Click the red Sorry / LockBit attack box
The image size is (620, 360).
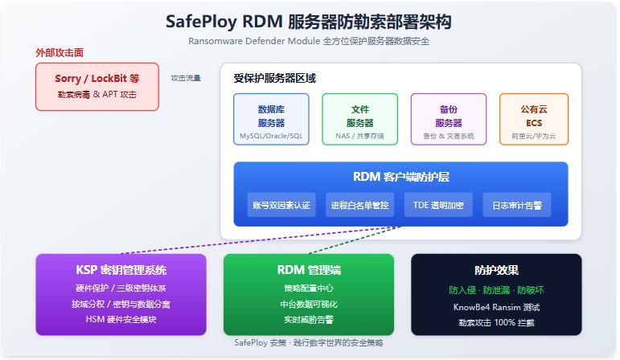[x=97, y=87]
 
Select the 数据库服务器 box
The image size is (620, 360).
[x=271, y=120]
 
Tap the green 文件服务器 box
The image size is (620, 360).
[x=359, y=120]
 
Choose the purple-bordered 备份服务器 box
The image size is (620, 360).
[x=449, y=120]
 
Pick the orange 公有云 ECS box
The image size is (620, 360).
[x=534, y=120]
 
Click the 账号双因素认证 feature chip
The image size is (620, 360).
[x=281, y=205]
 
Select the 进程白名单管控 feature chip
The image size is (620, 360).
[x=359, y=205]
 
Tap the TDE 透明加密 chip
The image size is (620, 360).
[x=438, y=205]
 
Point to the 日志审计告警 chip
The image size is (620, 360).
[x=517, y=205]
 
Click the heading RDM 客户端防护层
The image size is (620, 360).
[x=401, y=177]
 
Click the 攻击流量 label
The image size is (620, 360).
[x=186, y=78]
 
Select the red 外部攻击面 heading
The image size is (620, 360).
[x=60, y=52]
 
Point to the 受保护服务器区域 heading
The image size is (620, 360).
[x=274, y=78]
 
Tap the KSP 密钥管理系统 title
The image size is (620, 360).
[x=121, y=270]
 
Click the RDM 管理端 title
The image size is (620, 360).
[x=309, y=270]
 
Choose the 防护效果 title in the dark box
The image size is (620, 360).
[x=496, y=270]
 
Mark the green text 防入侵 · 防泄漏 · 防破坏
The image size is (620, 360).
[x=496, y=290]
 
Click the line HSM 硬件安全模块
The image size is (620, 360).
[x=121, y=319]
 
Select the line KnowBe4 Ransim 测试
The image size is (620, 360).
[x=496, y=307]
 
